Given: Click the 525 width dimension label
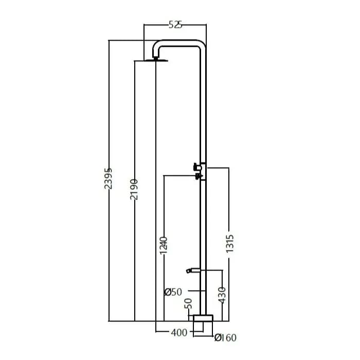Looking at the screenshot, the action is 175,25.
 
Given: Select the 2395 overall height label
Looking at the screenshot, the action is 109,178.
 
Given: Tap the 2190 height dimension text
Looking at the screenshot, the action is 134,189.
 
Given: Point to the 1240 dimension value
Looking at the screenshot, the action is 164,245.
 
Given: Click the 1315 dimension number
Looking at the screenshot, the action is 229,244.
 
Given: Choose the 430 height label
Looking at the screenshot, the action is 222,295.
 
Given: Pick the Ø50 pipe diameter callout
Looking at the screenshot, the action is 173,292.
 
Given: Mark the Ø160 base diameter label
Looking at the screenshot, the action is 225,338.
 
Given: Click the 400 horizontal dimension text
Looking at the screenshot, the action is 179,332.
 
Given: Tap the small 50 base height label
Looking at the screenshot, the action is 188,303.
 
